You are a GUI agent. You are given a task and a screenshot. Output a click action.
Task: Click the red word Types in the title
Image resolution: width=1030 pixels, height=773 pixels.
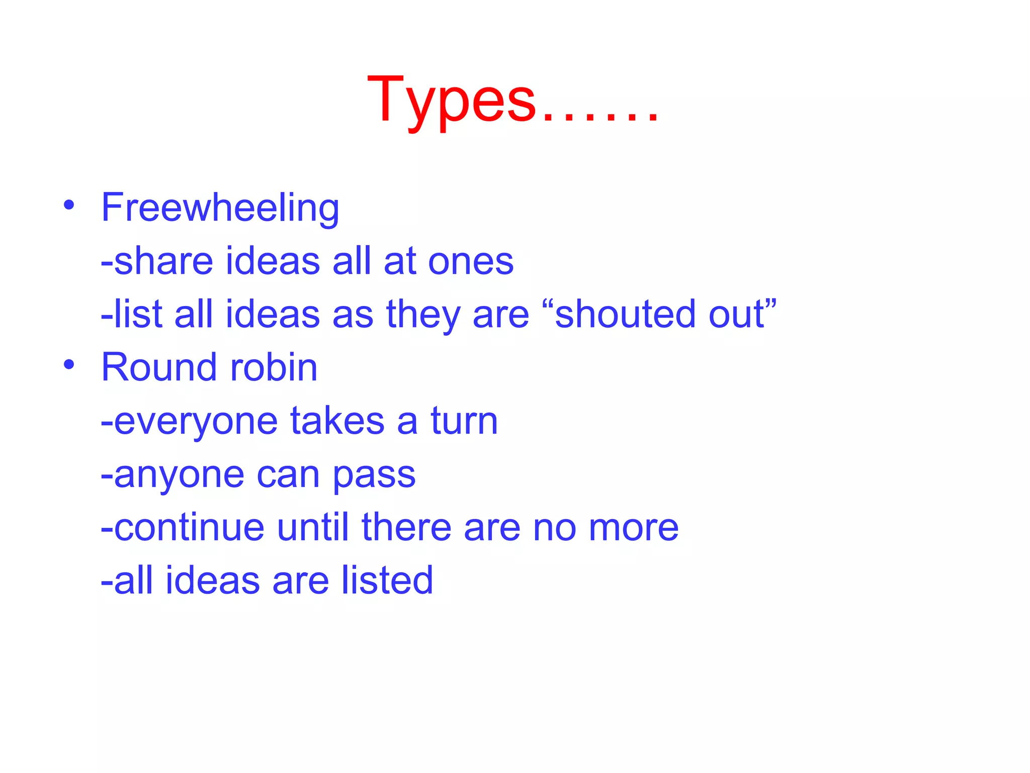[x=451, y=99]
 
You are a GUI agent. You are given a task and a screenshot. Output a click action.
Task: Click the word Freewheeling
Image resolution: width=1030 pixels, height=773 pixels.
[x=220, y=207]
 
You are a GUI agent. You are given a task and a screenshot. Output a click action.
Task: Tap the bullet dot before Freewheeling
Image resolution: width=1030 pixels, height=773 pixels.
[x=69, y=205]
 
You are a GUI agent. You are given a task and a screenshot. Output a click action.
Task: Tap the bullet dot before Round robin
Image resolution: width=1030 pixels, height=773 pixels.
[x=69, y=364]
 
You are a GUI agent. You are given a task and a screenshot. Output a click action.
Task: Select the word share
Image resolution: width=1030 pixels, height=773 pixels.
[x=163, y=261]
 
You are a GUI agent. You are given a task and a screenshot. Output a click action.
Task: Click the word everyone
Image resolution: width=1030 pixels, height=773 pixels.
[x=196, y=422]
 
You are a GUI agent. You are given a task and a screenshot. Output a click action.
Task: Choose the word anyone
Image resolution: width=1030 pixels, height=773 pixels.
[x=179, y=475]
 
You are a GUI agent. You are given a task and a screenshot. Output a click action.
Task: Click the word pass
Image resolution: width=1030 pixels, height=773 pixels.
[x=374, y=475]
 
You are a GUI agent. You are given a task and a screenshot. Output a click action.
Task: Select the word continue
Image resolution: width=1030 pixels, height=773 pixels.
[x=189, y=527]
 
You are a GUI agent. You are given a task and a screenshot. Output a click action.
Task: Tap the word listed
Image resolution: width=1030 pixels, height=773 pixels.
[x=387, y=580]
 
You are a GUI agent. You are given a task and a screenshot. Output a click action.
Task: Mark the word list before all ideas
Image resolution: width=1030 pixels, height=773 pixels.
[x=138, y=314]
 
